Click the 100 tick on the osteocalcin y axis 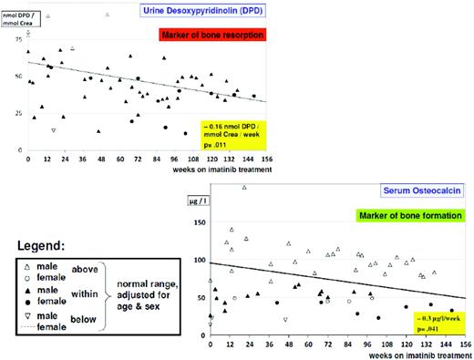(200, 262)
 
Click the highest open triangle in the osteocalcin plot (243, 188)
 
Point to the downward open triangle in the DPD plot (55, 131)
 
